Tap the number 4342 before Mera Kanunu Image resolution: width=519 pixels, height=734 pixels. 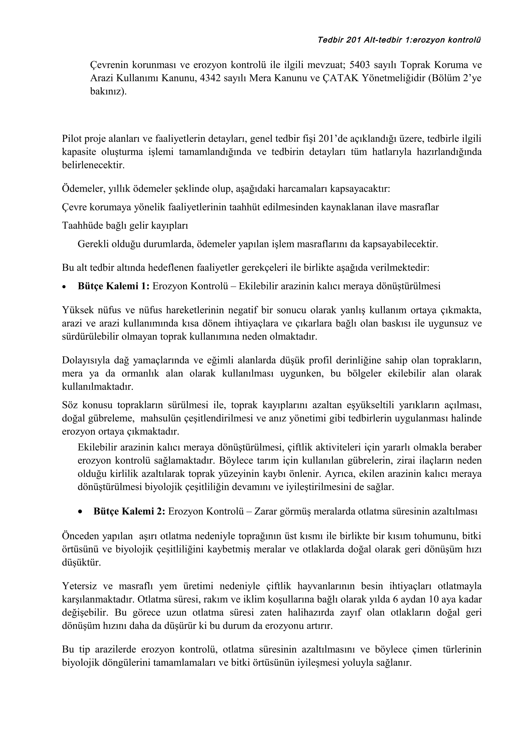pos(210,78)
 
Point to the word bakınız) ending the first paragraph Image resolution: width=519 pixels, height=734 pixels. pos(108,92)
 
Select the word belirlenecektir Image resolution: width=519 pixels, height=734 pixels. pos(93,165)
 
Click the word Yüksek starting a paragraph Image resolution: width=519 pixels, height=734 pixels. pos(76,310)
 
